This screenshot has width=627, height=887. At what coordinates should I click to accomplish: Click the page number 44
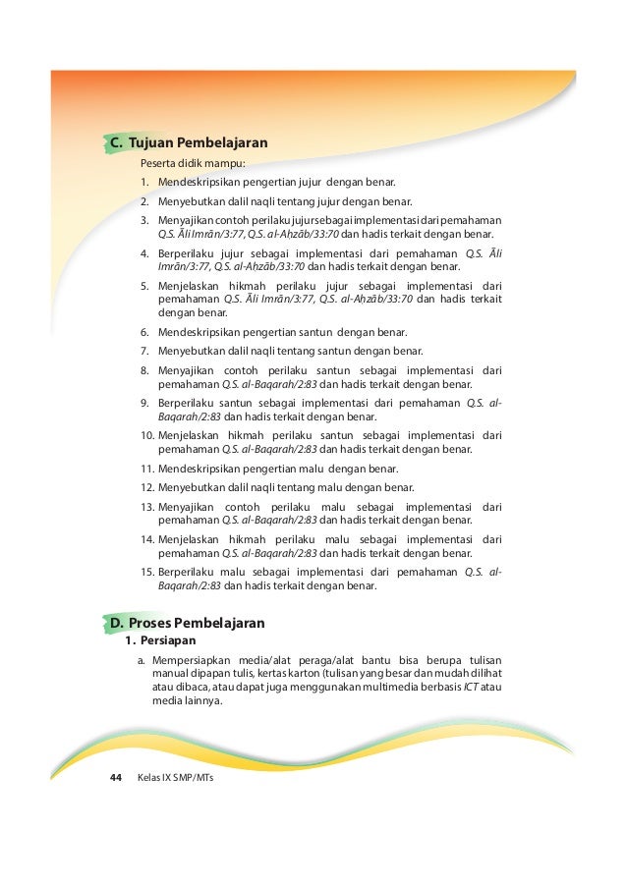[x=115, y=778]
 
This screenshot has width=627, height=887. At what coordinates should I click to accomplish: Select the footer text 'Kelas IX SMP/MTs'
[x=176, y=778]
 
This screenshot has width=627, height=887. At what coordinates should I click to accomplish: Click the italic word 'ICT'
[x=473, y=689]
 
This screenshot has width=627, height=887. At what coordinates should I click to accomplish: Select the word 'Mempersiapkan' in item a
[x=189, y=660]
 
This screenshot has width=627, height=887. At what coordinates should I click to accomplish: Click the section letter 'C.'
[x=115, y=143]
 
